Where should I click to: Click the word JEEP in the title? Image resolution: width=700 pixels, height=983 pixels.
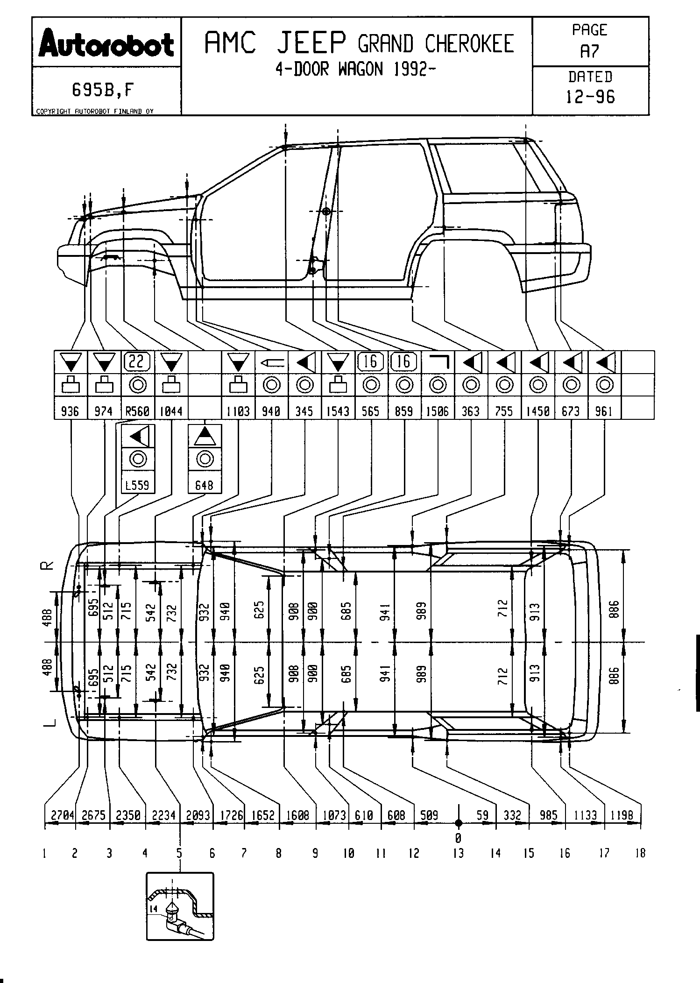(x=311, y=43)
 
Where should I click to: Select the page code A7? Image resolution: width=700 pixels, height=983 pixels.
(x=589, y=51)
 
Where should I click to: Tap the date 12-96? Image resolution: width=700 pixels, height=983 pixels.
(x=590, y=97)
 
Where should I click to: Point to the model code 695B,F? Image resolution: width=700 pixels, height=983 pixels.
(x=102, y=90)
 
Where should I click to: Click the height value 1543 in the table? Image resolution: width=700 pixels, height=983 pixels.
(x=338, y=411)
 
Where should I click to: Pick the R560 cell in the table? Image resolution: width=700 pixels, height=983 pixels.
(x=138, y=411)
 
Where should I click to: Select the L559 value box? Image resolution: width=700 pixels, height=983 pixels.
(x=138, y=485)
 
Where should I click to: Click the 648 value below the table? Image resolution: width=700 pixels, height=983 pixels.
(x=204, y=485)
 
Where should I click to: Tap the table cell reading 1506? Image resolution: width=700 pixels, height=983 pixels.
(x=437, y=411)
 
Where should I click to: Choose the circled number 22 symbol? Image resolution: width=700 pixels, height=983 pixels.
(x=138, y=361)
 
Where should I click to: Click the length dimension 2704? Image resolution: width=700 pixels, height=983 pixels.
(x=63, y=815)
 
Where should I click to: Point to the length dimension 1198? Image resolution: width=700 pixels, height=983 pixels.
(x=622, y=815)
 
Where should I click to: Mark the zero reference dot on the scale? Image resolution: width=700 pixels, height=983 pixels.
(x=459, y=823)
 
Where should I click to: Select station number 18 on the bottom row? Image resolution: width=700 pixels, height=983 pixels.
(x=640, y=853)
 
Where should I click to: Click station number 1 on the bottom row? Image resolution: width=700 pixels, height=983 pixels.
(x=44, y=853)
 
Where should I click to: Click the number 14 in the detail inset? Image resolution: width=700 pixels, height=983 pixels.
(x=154, y=909)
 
